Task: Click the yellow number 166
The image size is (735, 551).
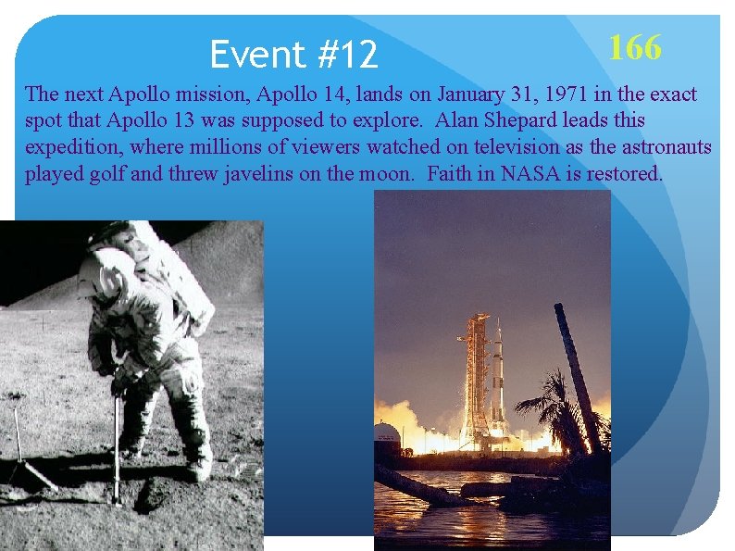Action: click(635, 46)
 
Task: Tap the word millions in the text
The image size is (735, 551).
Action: click(217, 147)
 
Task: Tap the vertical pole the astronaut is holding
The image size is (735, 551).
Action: click(115, 445)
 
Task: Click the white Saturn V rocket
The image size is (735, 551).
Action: click(498, 380)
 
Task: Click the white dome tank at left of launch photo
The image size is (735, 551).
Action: click(386, 432)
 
